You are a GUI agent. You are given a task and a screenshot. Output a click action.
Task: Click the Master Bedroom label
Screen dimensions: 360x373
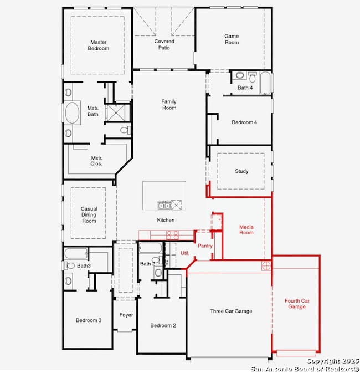99,45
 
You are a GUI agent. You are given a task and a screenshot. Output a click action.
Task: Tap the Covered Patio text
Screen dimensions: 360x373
164,44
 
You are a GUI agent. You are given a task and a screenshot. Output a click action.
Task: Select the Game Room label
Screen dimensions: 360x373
232,39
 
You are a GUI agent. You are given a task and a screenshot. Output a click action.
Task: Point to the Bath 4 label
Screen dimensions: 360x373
245,88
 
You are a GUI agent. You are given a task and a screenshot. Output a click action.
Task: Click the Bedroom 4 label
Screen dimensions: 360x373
244,122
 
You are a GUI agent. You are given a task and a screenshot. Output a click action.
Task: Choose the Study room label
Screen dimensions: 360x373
241,171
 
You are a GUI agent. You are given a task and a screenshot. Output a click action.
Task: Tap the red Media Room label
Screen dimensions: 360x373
246,230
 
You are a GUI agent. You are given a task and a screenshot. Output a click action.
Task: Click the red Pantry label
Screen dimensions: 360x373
205,246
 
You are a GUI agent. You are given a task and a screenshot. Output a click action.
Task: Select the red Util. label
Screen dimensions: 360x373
185,253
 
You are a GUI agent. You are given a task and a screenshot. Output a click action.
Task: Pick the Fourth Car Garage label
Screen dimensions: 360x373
297,304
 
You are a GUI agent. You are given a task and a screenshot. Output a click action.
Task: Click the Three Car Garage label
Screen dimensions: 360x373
231,311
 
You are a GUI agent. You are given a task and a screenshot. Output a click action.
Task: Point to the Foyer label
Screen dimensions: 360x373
126,315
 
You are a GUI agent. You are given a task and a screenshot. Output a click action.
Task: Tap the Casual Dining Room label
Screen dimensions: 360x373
89,215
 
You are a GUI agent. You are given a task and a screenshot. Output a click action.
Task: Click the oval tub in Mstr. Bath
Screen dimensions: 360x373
72,113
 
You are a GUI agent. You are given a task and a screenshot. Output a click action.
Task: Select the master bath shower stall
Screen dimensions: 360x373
116,113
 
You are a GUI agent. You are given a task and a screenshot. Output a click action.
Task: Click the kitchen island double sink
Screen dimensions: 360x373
164,205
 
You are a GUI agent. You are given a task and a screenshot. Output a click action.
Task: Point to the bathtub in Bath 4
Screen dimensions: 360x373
265,83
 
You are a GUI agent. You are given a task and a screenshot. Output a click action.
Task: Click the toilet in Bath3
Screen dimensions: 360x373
69,265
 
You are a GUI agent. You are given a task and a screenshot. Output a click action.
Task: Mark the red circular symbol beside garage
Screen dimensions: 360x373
266,265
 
